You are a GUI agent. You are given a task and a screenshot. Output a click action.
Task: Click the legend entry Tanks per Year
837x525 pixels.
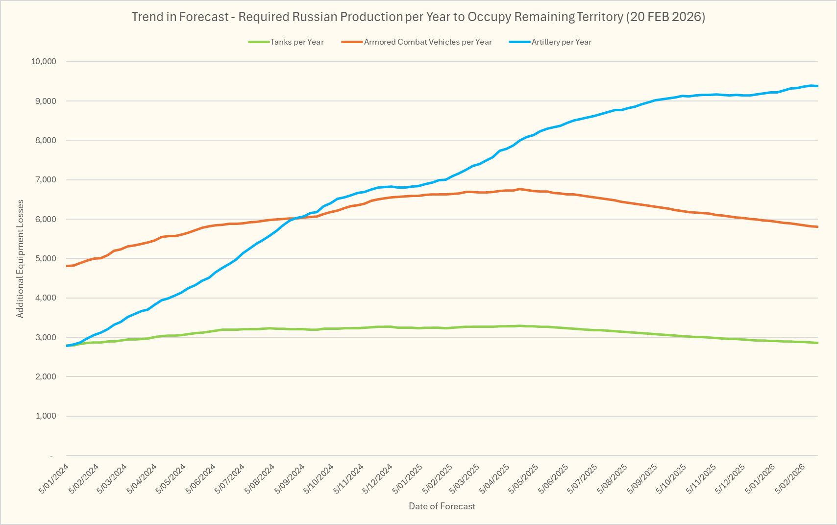click(296, 42)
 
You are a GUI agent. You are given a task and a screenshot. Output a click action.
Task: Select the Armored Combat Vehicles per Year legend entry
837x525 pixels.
click(427, 42)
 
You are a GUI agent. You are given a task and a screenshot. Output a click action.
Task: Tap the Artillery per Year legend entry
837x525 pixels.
click(561, 42)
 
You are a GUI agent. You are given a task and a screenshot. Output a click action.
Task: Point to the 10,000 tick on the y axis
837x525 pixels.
click(44, 62)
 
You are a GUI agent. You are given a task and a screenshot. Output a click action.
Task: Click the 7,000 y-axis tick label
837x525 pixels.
click(46, 180)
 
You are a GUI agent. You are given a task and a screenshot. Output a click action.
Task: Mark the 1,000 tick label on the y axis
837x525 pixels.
click(46, 416)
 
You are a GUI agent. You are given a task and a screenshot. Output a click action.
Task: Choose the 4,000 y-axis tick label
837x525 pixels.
click(46, 298)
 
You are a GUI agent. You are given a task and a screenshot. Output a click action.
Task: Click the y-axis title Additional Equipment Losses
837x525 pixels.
click(20, 259)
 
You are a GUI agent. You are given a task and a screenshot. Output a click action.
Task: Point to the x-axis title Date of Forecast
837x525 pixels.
click(442, 506)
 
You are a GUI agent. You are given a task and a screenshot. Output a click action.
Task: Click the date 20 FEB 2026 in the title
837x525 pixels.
click(666, 17)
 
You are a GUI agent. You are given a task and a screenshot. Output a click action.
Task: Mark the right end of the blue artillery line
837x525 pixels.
click(817, 86)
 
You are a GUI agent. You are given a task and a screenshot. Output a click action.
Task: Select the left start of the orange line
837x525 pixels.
click(67, 266)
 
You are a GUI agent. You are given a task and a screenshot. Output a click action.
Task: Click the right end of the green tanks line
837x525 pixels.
click(817, 343)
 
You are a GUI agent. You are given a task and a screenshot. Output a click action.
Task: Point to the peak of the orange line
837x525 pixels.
click(519, 189)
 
